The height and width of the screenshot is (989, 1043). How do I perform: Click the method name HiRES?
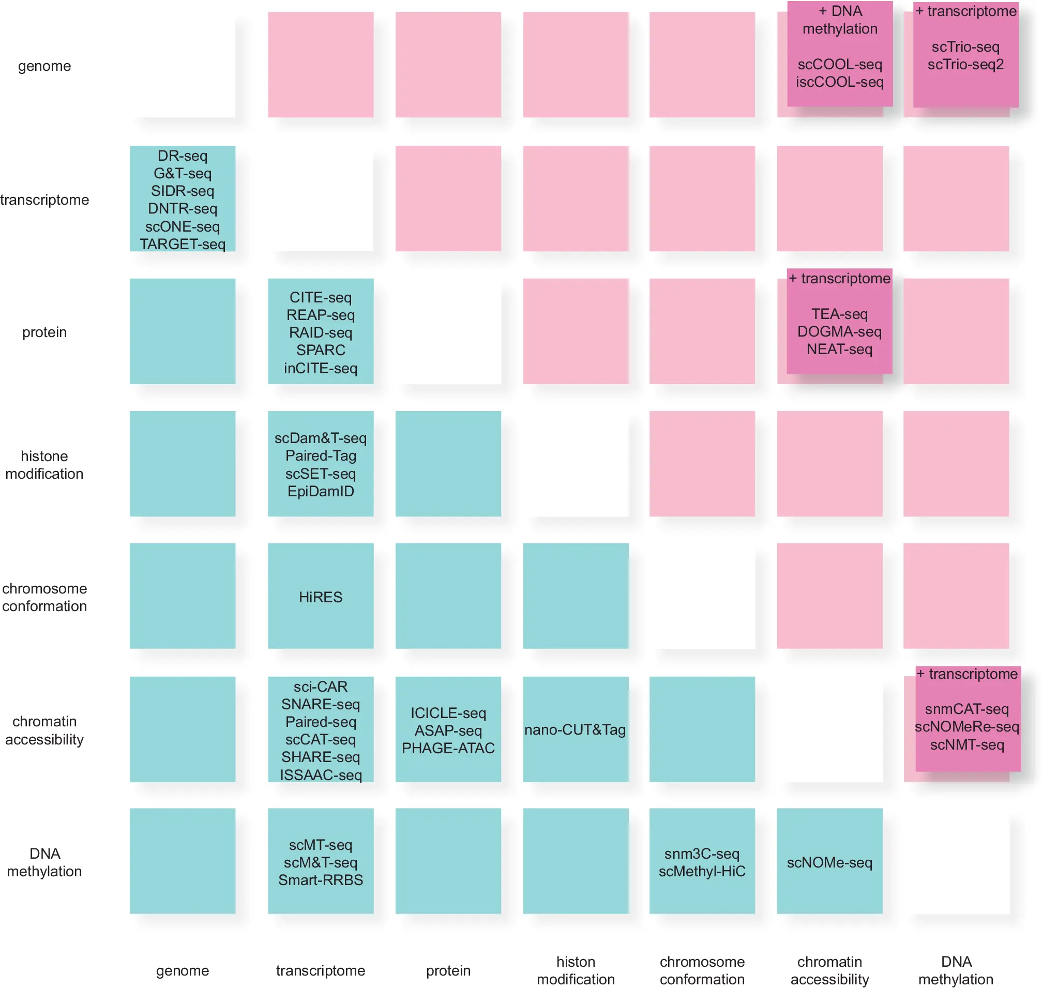pos(320,597)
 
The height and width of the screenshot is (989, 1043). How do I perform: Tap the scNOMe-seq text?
pos(829,862)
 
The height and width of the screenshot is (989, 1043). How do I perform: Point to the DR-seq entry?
pos(183,156)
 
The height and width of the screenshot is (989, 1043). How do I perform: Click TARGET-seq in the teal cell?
pos(183,244)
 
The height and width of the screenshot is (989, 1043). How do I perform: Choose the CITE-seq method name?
pos(320,297)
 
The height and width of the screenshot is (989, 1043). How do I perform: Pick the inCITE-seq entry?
pos(320,368)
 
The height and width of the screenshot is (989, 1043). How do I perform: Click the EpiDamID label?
pos(320,491)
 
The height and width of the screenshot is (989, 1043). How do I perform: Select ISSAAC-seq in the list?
pos(320,775)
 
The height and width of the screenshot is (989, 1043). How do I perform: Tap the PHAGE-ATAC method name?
pos(448,748)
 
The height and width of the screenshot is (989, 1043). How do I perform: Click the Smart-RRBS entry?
pos(320,880)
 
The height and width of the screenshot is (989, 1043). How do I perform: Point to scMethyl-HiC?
pos(702,871)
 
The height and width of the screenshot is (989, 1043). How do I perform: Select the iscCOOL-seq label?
pos(839,82)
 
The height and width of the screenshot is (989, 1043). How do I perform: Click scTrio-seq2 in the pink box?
pos(965,64)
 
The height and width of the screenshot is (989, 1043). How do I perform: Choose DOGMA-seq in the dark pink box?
pos(839,331)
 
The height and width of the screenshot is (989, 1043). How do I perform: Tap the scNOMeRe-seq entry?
pos(966,727)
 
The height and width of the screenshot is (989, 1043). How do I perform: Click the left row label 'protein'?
pos(44,332)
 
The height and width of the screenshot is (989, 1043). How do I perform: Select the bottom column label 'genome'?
pos(183,970)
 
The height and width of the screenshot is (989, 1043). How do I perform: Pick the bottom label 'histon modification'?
pos(576,970)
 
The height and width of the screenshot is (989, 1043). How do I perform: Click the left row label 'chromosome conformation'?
pos(44,597)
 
